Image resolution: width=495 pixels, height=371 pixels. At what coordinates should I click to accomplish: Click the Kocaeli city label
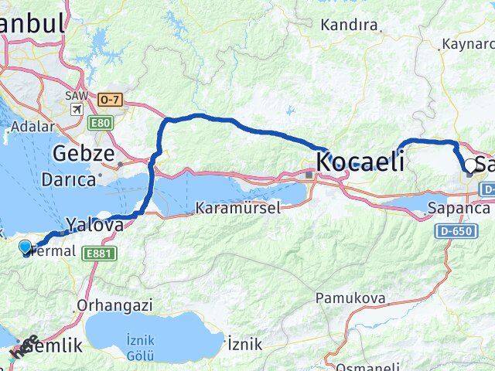pyautogui.click(x=360, y=163)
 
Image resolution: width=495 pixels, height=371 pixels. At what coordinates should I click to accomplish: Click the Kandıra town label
pyautogui.click(x=350, y=25)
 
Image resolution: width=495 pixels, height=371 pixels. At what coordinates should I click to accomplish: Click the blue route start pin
pyautogui.click(x=26, y=247)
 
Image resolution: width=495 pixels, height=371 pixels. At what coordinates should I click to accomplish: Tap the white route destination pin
pyautogui.click(x=469, y=164)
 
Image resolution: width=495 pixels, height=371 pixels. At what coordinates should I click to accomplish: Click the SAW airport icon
pyautogui.click(x=77, y=110)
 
